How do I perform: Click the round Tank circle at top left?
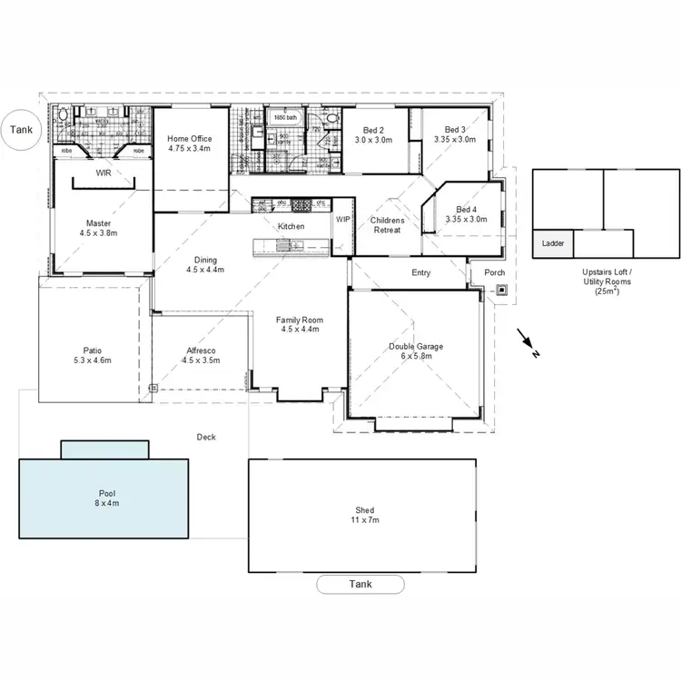tap(20, 130)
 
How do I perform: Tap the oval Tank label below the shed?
tap(360, 585)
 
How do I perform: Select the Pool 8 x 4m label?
tap(107, 497)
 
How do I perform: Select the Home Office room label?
tap(190, 143)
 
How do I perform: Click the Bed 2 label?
tap(372, 135)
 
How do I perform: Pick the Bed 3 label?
tap(455, 134)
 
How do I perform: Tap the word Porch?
tap(495, 272)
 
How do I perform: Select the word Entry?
tap(421, 272)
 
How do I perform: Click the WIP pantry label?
tap(342, 220)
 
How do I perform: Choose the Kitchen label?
tap(291, 226)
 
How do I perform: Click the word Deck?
tap(207, 438)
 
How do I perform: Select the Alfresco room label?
tap(202, 355)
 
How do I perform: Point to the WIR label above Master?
tap(103, 172)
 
